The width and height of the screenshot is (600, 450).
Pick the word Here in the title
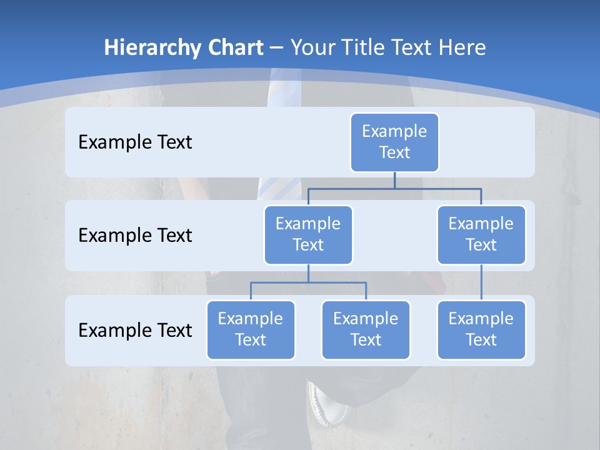459,48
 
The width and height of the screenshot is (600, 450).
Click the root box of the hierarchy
394,142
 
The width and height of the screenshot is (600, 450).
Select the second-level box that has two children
308,234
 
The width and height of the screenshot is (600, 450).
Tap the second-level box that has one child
481,234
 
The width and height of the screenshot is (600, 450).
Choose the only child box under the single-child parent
481,329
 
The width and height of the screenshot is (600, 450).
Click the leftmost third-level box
251,329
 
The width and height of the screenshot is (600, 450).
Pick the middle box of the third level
366,329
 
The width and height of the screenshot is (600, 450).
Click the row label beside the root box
135,142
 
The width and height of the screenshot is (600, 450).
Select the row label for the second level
135,236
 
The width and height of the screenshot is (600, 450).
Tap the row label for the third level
135,330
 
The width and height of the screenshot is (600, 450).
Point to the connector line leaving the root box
394,180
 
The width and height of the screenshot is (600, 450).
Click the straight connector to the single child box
481,282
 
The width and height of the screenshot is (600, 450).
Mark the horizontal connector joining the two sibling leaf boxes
308,282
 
